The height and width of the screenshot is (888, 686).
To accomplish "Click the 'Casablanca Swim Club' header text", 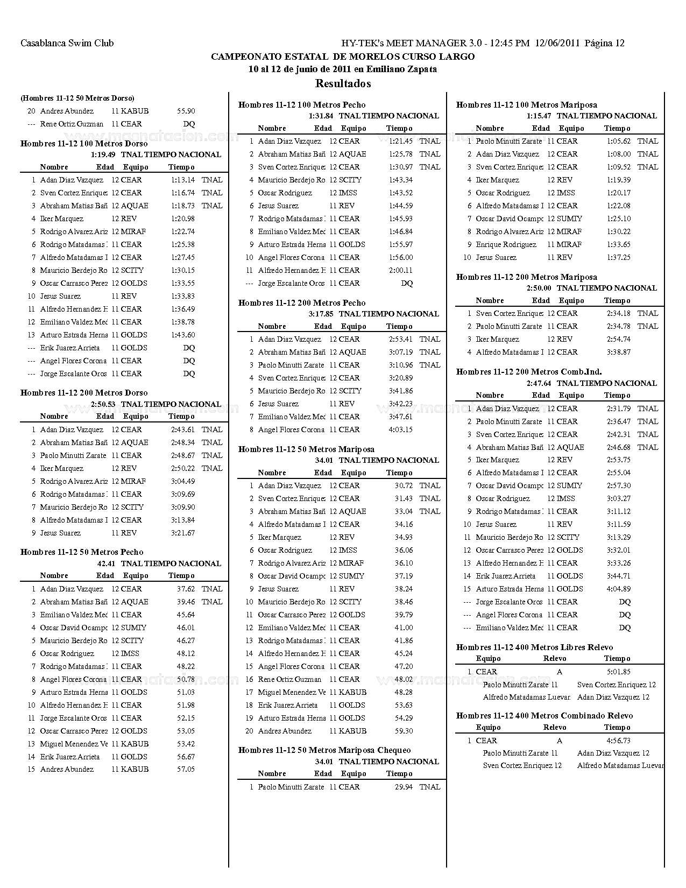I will tap(67, 43).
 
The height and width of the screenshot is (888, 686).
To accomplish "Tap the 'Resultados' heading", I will tap(343, 83).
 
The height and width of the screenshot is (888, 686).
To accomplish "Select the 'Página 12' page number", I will tap(605, 43).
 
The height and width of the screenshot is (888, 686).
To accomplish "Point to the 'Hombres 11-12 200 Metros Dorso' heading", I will tap(84, 393).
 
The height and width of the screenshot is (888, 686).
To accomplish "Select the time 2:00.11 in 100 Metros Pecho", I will tap(401, 270).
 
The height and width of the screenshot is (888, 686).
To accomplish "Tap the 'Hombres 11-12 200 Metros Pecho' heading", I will tap(302, 303).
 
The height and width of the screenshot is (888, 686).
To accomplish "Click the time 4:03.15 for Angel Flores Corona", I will tap(401, 429).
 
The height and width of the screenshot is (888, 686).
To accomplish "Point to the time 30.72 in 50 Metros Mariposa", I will tap(404, 485).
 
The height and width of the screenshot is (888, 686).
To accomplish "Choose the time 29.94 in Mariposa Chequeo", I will tap(404, 787).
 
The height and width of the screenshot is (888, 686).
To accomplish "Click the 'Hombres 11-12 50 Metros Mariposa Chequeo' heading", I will tap(324, 750).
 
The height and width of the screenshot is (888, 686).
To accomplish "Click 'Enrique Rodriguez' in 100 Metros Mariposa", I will tap(506, 244).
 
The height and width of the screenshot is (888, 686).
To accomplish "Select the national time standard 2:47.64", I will tap(539, 383).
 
